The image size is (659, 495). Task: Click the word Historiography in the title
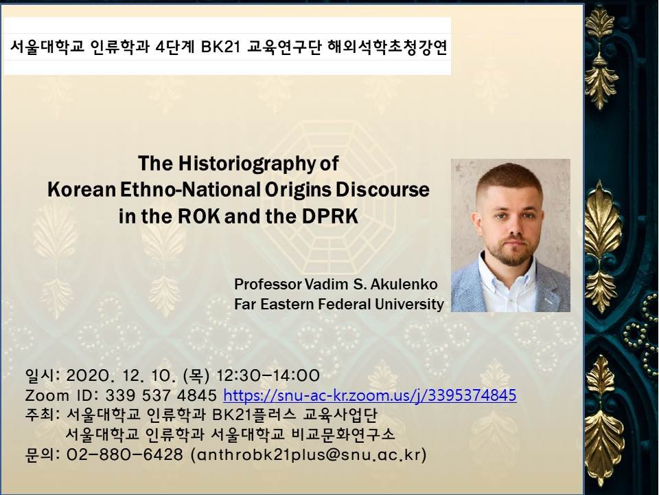(x=246, y=164)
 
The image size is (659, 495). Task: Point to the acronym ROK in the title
(x=199, y=217)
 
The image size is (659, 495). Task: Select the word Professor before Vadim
(x=268, y=284)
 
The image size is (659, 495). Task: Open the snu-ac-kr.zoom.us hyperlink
(x=370, y=395)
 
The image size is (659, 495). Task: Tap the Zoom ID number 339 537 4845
(x=161, y=395)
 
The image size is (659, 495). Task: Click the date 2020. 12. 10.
(x=122, y=375)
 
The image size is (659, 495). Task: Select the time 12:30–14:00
(x=268, y=375)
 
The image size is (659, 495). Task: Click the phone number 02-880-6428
(x=125, y=454)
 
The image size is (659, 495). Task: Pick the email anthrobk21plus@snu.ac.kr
(x=309, y=454)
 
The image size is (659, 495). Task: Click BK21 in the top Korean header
(x=220, y=47)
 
